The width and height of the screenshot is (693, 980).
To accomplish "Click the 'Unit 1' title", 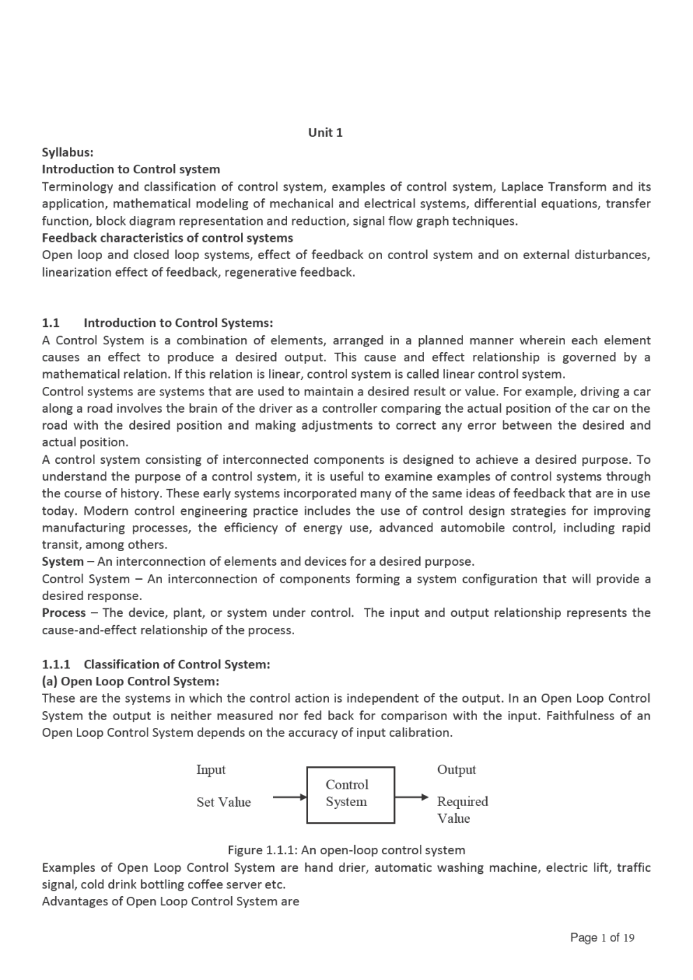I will (326, 133).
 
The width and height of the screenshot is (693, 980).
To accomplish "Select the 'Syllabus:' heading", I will (68, 152).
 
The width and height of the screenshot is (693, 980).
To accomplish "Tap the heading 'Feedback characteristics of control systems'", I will (168, 237).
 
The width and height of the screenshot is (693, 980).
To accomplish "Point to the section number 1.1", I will (50, 323).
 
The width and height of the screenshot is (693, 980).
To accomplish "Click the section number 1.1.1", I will (56, 664).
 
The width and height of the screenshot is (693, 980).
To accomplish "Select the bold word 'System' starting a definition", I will (63, 562).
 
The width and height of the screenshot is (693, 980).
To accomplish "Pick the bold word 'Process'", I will (64, 613).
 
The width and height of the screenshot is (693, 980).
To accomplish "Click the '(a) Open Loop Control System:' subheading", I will (131, 681).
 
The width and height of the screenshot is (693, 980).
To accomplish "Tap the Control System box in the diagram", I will (351, 795).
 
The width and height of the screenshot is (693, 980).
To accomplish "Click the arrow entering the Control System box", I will (289, 797).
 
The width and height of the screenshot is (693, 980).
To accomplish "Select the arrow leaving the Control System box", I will (411, 797).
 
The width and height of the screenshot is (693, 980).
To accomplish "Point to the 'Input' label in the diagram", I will (211, 770).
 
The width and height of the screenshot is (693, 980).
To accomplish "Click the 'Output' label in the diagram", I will (456, 770).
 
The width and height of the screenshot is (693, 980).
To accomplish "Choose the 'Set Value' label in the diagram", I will (224, 802).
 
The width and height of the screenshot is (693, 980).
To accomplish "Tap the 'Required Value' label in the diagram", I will (462, 810).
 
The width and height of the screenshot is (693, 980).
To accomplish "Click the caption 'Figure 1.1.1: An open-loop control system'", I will (346, 850).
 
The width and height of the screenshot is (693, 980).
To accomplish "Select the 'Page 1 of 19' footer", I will (602, 937).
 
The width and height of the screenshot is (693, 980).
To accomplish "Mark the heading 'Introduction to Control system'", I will (131, 169).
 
